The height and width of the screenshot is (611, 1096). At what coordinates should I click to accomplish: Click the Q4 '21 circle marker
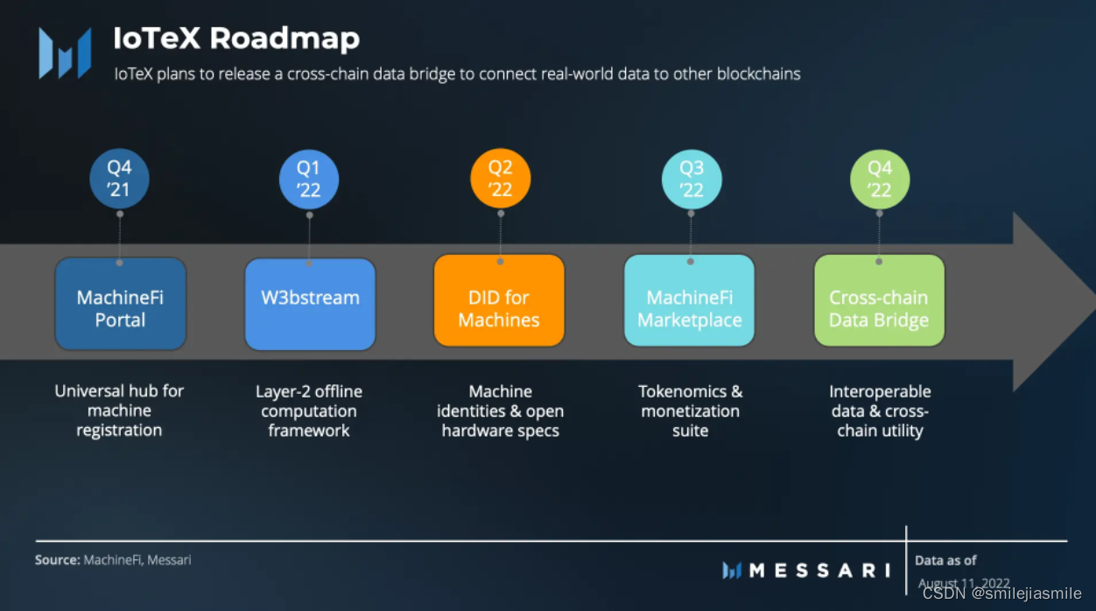(x=119, y=179)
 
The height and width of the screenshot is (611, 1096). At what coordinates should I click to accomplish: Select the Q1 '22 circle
(x=309, y=179)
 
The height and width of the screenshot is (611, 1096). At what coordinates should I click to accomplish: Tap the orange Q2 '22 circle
(x=500, y=179)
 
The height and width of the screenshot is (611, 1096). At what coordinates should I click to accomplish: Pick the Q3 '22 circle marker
(x=691, y=179)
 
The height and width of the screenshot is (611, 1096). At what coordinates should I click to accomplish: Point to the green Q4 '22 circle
(x=880, y=179)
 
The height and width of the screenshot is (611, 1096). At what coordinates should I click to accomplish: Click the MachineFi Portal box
(x=120, y=304)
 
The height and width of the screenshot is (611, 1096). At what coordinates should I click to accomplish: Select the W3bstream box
(x=310, y=304)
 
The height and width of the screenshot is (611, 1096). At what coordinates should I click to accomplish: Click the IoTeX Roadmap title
(x=236, y=39)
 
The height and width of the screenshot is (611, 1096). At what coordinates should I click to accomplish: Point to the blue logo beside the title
(x=65, y=53)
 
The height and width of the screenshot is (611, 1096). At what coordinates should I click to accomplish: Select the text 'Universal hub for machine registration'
(x=119, y=411)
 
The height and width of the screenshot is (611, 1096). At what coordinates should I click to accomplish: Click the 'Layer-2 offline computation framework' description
(x=309, y=411)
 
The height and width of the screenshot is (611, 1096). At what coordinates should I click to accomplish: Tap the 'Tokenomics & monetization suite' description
(x=690, y=411)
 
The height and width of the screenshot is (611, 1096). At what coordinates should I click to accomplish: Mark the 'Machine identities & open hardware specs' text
(x=500, y=411)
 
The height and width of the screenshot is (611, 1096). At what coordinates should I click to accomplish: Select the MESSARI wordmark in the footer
(x=819, y=571)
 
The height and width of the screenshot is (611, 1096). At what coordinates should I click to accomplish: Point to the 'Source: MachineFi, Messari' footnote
(x=113, y=559)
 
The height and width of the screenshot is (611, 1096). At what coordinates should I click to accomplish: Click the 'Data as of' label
(x=945, y=560)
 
